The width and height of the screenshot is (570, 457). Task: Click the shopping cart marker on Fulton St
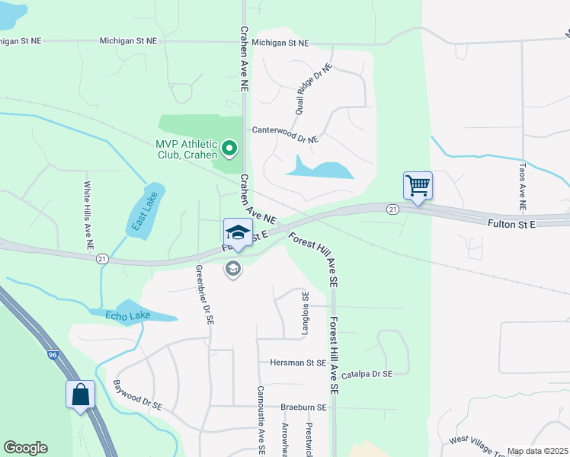click(418, 186)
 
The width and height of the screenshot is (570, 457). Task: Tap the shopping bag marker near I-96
click(80, 395)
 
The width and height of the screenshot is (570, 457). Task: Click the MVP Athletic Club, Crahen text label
click(187, 149)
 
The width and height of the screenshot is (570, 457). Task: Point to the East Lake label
click(142, 211)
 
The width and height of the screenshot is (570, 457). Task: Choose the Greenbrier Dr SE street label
click(203, 295)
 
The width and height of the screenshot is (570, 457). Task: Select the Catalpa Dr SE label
click(366, 374)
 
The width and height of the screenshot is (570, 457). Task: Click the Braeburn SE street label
click(303, 407)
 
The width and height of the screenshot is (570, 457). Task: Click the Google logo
click(26, 448)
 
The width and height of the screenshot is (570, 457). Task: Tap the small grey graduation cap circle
click(233, 268)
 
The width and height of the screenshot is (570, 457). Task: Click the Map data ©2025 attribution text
click(537, 451)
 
